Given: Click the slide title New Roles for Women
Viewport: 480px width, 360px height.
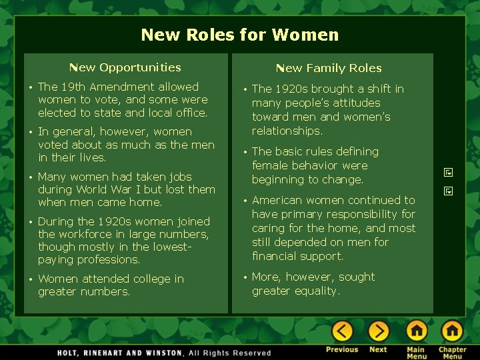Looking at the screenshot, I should tap(240, 35).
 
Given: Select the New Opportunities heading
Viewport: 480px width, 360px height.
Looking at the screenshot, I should tap(125, 67).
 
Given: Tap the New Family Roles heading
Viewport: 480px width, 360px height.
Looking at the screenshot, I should tap(329, 68).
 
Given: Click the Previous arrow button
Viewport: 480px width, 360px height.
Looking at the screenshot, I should tap(342, 331).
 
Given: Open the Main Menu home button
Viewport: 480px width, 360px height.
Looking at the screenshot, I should tap(416, 331).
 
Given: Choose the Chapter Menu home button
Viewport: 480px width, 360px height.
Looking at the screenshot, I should tap(452, 331).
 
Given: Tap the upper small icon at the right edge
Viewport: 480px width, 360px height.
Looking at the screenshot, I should tap(449, 172).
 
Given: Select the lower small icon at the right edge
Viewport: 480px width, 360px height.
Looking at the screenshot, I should tap(449, 191).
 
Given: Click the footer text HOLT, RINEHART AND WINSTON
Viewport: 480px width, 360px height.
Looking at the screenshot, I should tap(119, 353).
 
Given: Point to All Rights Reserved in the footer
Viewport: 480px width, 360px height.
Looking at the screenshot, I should tap(230, 353).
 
